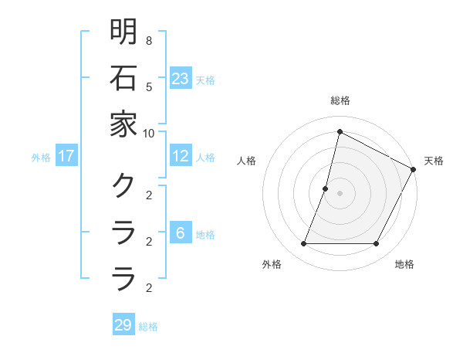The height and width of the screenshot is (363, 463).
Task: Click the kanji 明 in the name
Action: click(123, 32)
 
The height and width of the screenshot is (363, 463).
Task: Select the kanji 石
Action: click(123, 79)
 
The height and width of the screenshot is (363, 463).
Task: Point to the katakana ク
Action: click(123, 185)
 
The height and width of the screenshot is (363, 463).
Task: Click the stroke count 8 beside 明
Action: click(148, 40)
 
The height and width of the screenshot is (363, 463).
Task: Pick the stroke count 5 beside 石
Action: click(148, 87)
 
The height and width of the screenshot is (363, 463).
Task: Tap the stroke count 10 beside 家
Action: click(148, 133)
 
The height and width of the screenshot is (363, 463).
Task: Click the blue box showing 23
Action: click(181, 79)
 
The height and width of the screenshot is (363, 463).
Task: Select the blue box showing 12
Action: click(181, 156)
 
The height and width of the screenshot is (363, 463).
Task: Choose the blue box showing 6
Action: click(180, 233)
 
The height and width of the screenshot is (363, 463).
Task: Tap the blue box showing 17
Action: click(66, 156)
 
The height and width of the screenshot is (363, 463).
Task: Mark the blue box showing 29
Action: click(123, 325)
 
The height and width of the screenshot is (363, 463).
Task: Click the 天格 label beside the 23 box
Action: click(205, 80)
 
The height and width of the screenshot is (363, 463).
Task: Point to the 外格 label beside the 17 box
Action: click(41, 157)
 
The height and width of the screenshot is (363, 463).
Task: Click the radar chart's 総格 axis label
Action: click(340, 100)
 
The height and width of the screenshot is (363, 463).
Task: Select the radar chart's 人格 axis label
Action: click(247, 161)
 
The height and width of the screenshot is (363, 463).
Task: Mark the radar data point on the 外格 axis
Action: click(303, 244)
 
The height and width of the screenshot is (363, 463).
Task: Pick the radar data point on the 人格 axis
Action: click(326, 188)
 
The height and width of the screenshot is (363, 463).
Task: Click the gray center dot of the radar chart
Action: click(340, 193)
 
